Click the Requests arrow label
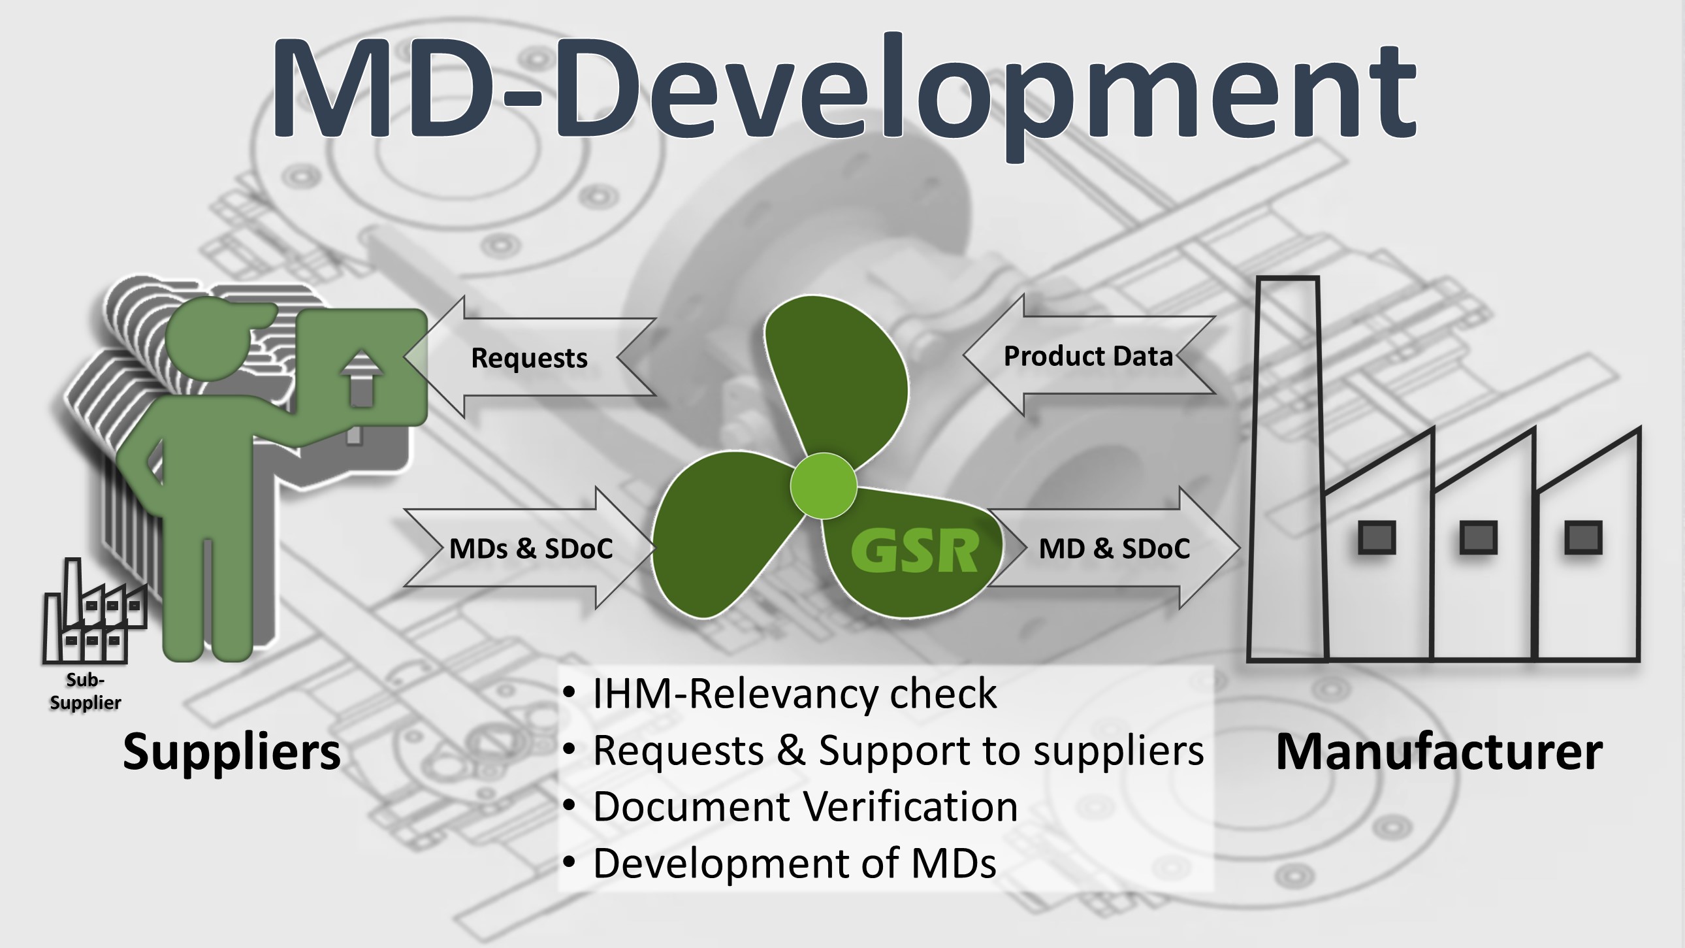click(529, 358)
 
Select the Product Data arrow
click(1088, 356)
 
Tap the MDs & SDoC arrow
click(530, 548)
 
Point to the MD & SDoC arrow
click(1114, 548)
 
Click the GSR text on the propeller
click(914, 551)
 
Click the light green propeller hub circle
click(823, 485)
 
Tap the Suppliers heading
click(232, 751)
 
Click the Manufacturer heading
click(1439, 751)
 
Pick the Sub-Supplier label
click(85, 691)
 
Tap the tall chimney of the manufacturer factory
click(1287, 468)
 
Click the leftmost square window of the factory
click(1377, 538)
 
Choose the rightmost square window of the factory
click(1583, 538)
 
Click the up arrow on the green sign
click(362, 378)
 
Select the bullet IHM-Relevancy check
click(794, 693)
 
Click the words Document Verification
click(805, 806)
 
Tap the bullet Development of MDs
click(794, 863)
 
